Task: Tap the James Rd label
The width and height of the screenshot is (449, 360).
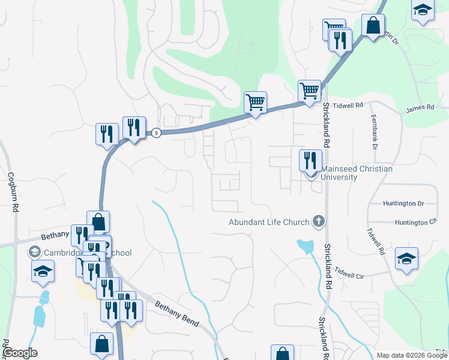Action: click(420, 108)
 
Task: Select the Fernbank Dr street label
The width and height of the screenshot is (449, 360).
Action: click(373, 132)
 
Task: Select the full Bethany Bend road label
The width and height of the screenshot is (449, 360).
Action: click(177, 313)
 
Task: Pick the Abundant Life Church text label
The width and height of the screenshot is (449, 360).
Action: click(269, 222)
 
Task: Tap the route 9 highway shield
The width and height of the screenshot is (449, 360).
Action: click(155, 133)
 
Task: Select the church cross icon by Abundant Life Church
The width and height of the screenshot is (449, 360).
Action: click(318, 222)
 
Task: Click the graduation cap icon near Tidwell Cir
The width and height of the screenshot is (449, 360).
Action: click(406, 259)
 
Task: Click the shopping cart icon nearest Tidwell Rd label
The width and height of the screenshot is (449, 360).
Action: click(309, 91)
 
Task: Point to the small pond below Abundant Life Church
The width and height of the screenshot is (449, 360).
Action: click(305, 245)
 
